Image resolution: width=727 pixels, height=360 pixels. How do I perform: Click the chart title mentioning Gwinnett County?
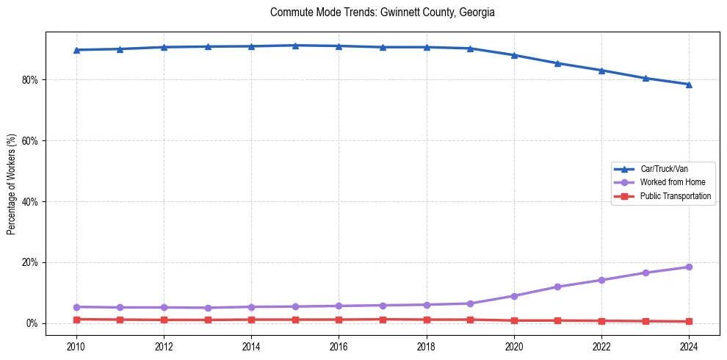pyautogui.click(x=383, y=12)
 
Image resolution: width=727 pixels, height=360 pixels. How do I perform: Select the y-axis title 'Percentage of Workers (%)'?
pyautogui.click(x=12, y=184)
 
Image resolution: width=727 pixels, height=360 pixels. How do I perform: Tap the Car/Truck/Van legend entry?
pyautogui.click(x=664, y=169)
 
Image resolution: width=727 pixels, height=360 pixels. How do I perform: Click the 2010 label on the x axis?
pyautogui.click(x=76, y=346)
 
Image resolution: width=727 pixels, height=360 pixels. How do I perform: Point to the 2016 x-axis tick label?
pyautogui.click(x=339, y=346)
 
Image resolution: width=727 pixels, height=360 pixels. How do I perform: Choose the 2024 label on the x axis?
pyautogui.click(x=689, y=346)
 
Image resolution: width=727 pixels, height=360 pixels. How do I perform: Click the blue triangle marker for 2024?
pyautogui.click(x=689, y=84)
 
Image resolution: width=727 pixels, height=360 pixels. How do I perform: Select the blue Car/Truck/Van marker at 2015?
pyautogui.click(x=295, y=46)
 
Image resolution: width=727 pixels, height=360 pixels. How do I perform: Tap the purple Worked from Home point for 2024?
pyautogui.click(x=689, y=267)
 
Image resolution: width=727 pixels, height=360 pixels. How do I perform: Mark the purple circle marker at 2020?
pyautogui.click(x=514, y=296)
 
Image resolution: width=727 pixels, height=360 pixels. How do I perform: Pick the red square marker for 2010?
pyautogui.click(x=76, y=320)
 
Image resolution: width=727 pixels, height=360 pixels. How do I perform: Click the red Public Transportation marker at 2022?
pyautogui.click(x=601, y=321)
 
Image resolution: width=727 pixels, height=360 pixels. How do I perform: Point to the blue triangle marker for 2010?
pyautogui.click(x=76, y=50)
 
